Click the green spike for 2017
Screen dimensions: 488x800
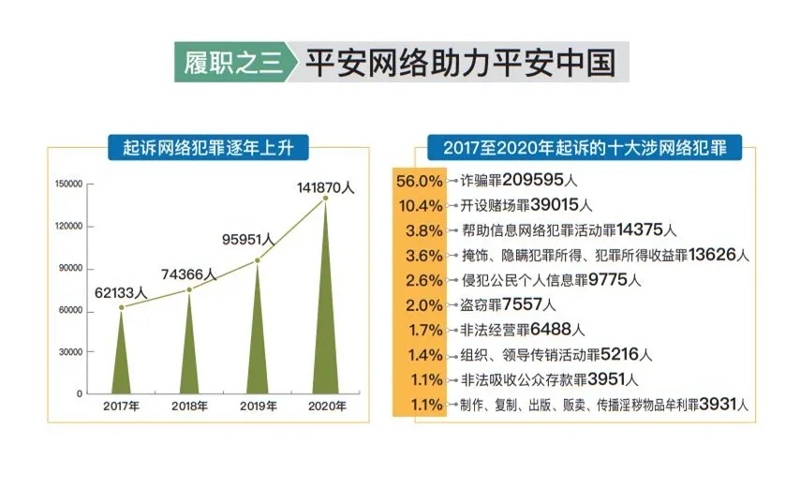[121, 361]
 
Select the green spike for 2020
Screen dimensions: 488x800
[325, 318]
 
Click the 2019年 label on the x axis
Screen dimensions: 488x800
[259, 407]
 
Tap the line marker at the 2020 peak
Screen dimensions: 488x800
[325, 198]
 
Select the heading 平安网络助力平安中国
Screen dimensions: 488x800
[458, 63]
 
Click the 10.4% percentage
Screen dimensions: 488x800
[418, 204]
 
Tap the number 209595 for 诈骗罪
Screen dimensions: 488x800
[537, 179]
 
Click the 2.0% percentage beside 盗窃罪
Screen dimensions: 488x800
[418, 304]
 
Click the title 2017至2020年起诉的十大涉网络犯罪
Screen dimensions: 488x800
[578, 147]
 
